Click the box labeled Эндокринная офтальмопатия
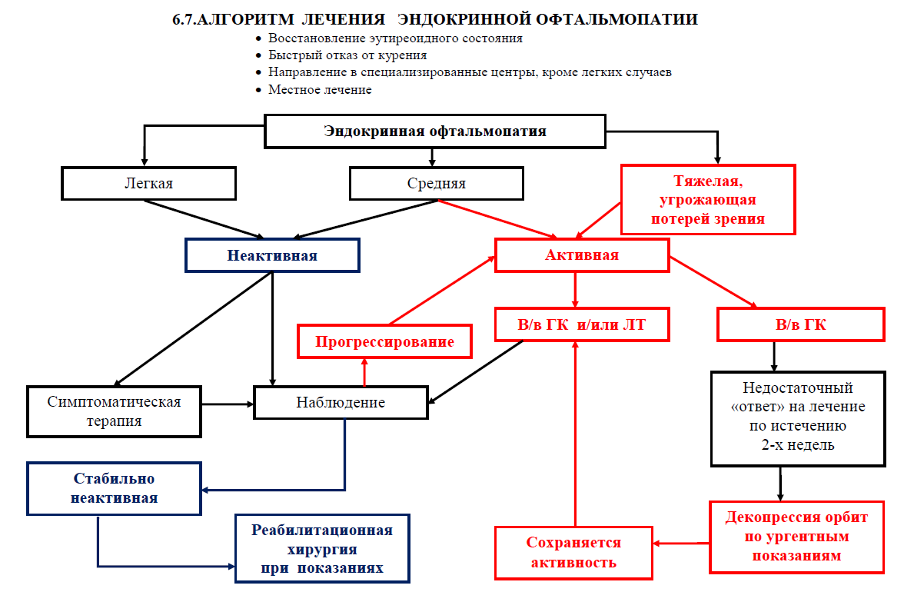pos(434,131)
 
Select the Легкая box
pos(148,184)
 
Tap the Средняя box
pos(436,184)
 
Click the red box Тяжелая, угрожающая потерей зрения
pos(708,200)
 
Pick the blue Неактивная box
pos(272,255)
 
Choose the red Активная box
pos(582,255)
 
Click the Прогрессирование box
pos(384,341)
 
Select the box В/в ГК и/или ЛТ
pos(582,324)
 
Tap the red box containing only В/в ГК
pos(801,324)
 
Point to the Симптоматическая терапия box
pos(115,411)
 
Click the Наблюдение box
pos(341,402)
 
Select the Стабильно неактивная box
pos(115,488)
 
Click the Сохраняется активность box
pos(573,552)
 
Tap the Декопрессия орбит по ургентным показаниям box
pos(797,536)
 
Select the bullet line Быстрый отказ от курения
pos(347,55)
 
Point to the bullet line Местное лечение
pos(320,89)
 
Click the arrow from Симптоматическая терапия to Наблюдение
pos(228,403)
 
